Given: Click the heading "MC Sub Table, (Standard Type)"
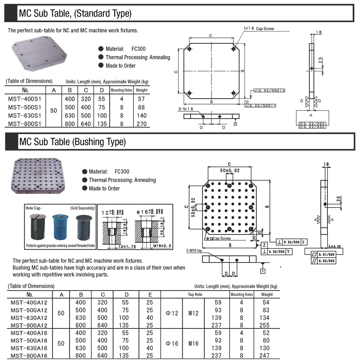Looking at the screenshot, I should click(75, 14).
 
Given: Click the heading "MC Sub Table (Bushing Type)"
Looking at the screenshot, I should click(72, 142).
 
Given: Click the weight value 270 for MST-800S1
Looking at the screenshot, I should click(142, 123).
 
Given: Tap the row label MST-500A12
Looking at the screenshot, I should click(29, 310).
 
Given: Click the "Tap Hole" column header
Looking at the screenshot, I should click(195, 294).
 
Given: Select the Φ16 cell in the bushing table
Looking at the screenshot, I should click(172, 344).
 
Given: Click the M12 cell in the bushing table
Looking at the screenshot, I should click(193, 313).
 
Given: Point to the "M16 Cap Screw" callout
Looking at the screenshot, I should click(258, 28).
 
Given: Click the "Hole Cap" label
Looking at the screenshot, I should click(33, 208).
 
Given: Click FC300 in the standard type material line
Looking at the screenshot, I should click(138, 49).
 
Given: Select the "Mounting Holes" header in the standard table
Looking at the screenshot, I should click(121, 90).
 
